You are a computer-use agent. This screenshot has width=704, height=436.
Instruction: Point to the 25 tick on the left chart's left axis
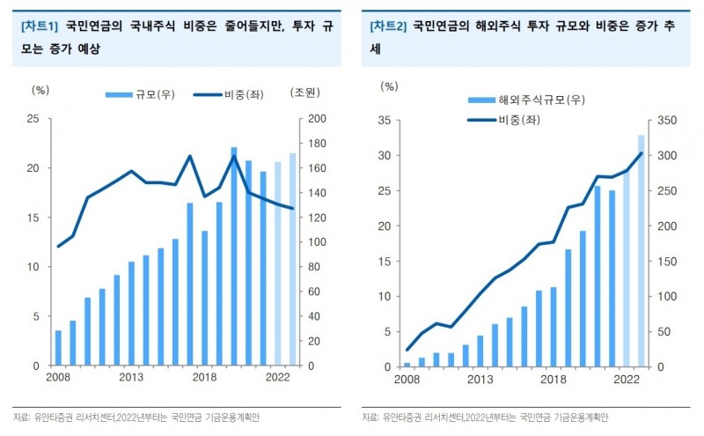(x=33, y=119)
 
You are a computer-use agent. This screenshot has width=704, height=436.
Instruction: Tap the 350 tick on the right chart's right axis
(x=664, y=121)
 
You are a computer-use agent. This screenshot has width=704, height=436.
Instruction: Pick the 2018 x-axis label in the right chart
(x=553, y=381)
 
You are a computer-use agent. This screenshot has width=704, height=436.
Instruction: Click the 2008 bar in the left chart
(x=59, y=348)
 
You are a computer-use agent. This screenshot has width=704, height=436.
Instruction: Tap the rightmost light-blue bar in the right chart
(x=642, y=251)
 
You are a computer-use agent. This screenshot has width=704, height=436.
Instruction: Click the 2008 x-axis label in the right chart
(x=407, y=381)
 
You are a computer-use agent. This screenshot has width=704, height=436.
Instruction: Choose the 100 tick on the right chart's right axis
(x=664, y=296)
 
